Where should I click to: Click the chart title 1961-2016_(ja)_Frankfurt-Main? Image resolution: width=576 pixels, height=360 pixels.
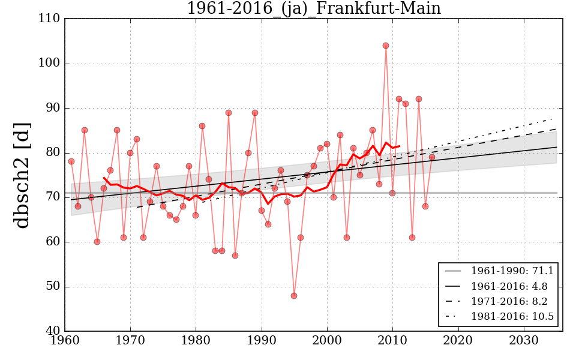click(313, 9)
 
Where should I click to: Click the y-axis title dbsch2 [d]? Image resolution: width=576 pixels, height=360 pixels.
click(22, 175)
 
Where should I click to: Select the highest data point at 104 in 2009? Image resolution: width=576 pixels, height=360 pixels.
click(386, 46)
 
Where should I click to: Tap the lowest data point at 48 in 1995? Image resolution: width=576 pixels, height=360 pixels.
click(294, 296)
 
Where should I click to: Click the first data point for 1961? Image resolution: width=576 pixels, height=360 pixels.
click(71, 161)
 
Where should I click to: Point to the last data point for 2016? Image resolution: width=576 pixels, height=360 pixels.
click(432, 157)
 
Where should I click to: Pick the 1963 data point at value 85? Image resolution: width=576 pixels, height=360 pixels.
click(85, 130)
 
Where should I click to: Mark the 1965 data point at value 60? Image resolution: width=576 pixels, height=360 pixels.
click(97, 242)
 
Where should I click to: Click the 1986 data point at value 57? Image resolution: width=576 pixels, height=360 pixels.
click(235, 256)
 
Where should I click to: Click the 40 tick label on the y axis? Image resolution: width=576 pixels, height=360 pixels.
click(53, 331)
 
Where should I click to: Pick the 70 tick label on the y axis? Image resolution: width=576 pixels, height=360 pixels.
click(53, 197)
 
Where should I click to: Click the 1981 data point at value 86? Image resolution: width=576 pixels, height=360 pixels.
click(202, 126)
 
